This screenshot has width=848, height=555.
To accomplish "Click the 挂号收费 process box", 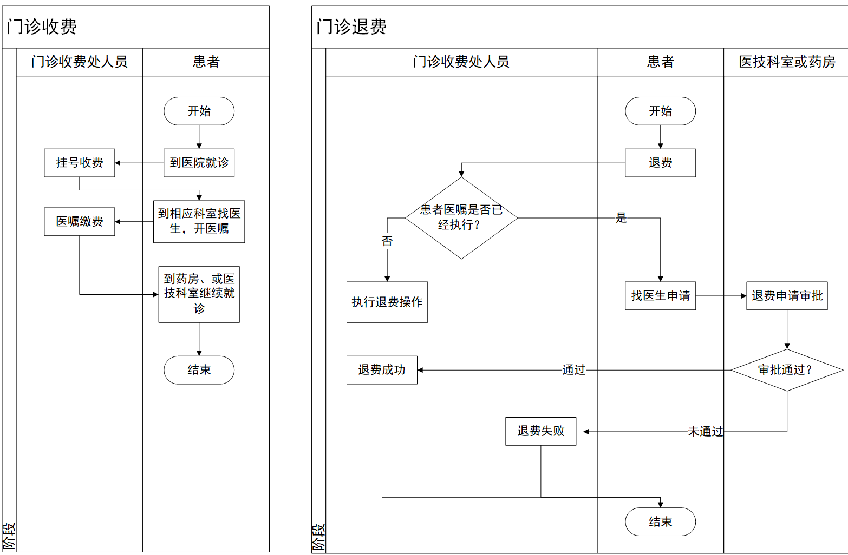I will pos(80,163).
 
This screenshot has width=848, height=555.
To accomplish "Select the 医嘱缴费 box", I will pos(80,222).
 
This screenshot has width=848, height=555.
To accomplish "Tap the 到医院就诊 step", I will pos(199,163).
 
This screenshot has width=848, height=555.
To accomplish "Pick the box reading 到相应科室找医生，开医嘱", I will pos(199,221).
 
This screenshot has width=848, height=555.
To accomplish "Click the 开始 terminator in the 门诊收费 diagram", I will pos(199,111).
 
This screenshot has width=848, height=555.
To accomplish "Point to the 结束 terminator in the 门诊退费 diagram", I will pos(660,522).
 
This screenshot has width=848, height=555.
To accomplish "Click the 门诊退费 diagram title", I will pos(351,27).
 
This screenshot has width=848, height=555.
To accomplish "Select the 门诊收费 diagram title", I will pos(42,27).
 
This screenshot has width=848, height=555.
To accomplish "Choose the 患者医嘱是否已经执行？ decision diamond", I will pos(461,218).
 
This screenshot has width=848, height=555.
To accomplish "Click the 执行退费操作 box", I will pos(387,302).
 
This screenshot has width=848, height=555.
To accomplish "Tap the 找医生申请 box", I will pos(660,296).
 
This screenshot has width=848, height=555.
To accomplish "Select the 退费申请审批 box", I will pos(787,296).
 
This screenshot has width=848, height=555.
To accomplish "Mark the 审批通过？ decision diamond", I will pos(787,370).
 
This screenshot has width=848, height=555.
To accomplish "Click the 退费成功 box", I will pos(382,370).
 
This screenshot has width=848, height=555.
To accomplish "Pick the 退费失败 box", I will pos(540,431).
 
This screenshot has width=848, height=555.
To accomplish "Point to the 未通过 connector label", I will pos(705,432).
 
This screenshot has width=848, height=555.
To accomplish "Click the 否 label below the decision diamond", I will pos(387,241).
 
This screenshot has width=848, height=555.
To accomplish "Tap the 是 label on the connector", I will pos(621,218).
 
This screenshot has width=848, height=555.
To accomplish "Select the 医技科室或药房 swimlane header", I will pos(786,62).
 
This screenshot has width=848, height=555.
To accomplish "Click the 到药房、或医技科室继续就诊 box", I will pos(199,294).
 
